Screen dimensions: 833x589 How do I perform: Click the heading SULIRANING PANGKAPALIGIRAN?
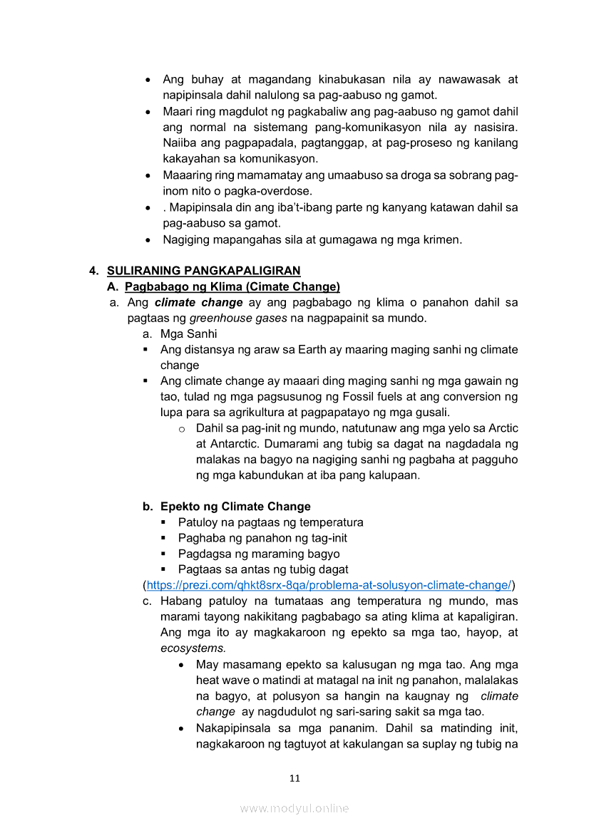203,271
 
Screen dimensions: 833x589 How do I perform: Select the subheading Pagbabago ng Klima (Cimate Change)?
232,286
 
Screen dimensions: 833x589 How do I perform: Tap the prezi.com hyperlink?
329,585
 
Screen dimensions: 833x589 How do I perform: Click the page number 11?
294,778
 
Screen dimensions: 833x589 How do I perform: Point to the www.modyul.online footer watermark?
294,808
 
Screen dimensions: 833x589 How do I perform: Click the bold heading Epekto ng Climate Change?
235,507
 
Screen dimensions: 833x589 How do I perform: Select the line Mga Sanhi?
188,333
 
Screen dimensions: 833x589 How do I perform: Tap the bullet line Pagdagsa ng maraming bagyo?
259,554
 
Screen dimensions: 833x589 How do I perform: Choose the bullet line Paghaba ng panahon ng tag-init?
262,538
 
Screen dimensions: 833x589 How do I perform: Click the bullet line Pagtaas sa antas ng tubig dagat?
263,569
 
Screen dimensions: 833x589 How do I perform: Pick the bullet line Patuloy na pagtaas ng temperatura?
270,522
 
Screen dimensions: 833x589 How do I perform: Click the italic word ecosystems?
193,648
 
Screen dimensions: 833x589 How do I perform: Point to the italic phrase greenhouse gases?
237,318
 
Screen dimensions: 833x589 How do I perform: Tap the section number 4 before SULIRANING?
93,271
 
